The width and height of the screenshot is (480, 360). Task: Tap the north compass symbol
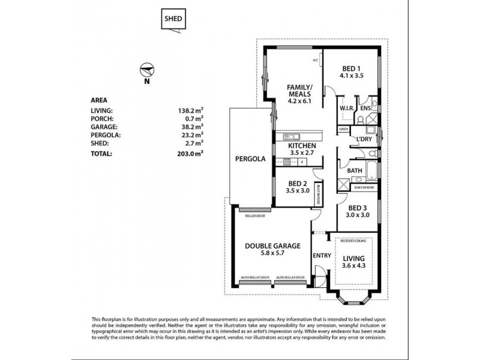[145, 70]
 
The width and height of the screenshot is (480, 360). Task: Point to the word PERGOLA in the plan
[250, 160]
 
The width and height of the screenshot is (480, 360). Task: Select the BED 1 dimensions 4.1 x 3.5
[352, 76]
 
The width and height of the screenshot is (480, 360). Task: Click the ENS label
[365, 108]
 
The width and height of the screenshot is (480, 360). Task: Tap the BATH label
[355, 170]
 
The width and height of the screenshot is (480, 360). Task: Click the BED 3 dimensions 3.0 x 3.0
[358, 214]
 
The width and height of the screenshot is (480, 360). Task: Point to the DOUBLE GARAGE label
[272, 246]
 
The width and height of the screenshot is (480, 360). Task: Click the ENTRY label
[322, 255]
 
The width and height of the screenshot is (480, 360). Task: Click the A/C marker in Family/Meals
[315, 61]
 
